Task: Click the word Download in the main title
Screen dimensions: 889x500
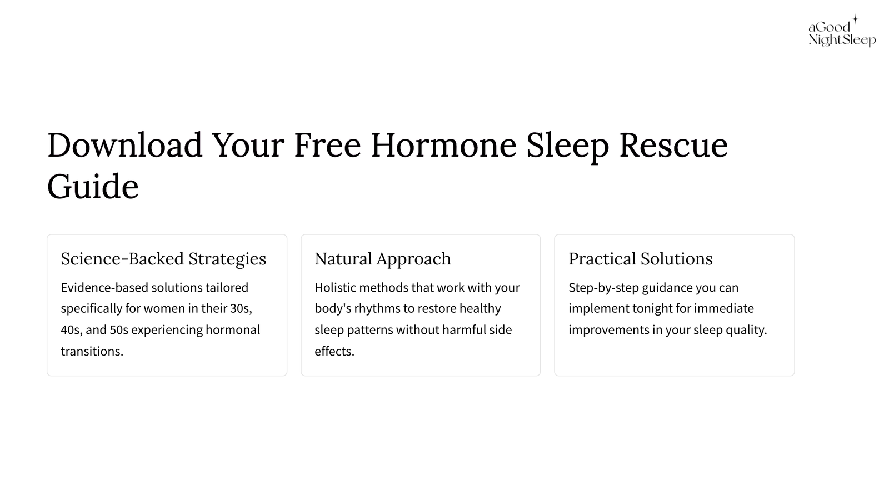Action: click(125, 145)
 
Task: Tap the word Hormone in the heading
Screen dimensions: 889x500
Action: click(444, 145)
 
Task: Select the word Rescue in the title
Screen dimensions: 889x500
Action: click(673, 145)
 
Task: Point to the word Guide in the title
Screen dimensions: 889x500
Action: click(93, 186)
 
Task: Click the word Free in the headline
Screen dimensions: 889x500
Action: click(327, 145)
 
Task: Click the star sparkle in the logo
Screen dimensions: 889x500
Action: click(855, 19)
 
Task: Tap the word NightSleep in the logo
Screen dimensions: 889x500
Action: click(842, 40)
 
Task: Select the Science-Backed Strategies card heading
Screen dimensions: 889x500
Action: click(163, 259)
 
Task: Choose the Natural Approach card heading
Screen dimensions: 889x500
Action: click(383, 259)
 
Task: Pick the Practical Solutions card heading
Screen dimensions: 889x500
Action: click(641, 259)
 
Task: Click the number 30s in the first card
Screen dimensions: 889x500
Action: click(241, 308)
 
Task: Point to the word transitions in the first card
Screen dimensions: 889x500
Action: click(92, 351)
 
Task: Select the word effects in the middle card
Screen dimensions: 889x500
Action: click(334, 351)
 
